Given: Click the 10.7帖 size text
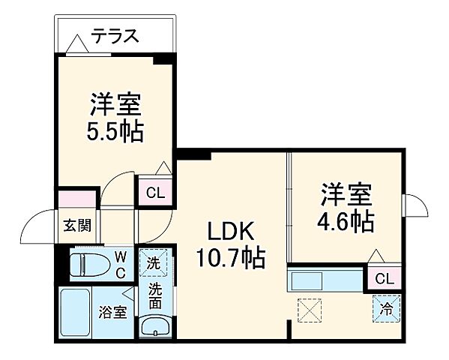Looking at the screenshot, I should pyautogui.click(x=229, y=259).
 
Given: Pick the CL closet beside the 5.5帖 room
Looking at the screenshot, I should pyautogui.click(x=154, y=193).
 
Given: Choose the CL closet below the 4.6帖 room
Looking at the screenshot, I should pyautogui.click(x=384, y=279).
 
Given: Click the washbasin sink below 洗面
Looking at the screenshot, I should pyautogui.click(x=155, y=327).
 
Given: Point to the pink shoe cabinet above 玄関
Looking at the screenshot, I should pyautogui.click(x=78, y=199).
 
